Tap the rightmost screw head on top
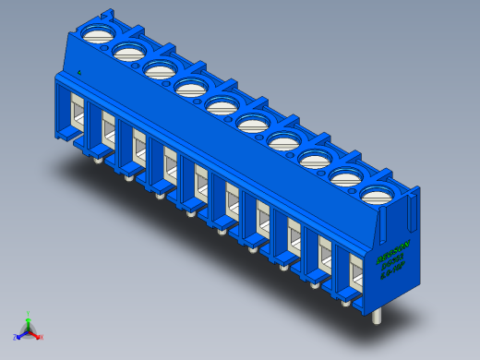(378, 194)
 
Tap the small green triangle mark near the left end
(80, 71)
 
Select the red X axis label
(42, 338)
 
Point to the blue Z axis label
(16, 338)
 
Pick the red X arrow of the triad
(36, 334)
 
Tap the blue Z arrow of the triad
(21, 334)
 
